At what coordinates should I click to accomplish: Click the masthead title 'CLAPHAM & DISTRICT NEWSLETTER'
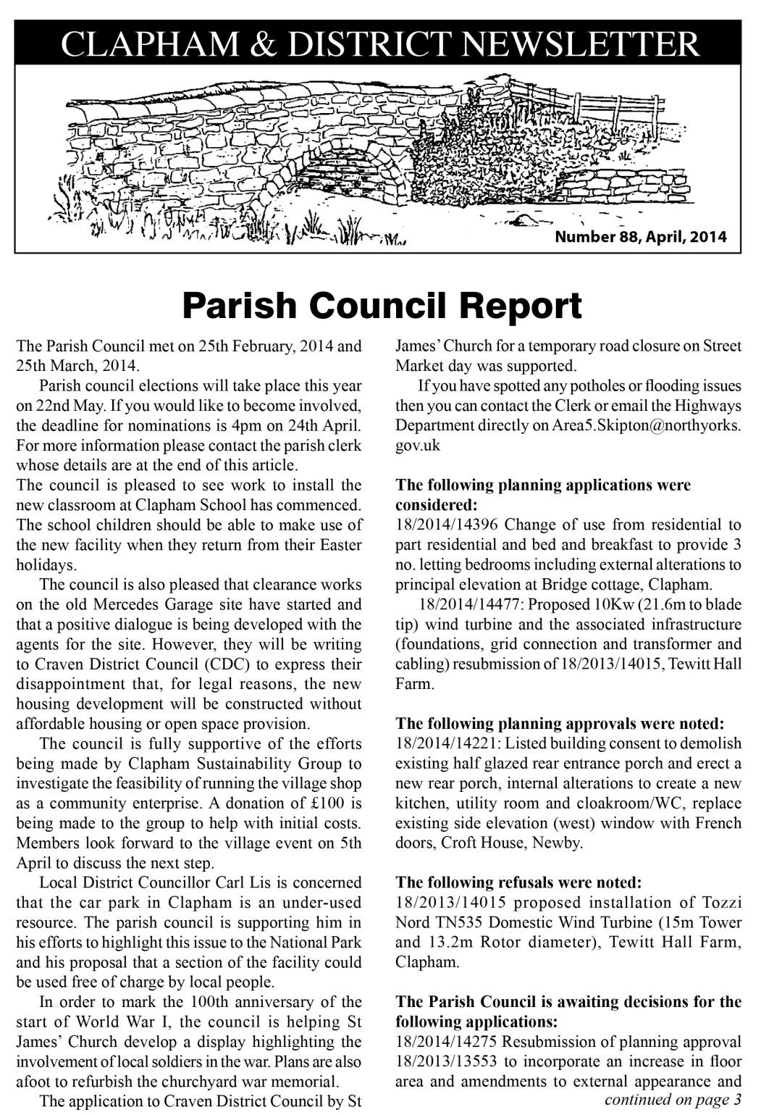point(380,44)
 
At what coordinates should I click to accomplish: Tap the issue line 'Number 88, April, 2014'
point(640,237)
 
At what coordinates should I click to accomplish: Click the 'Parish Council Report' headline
point(382,306)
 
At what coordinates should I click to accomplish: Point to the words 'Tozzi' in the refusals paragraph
point(721,903)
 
